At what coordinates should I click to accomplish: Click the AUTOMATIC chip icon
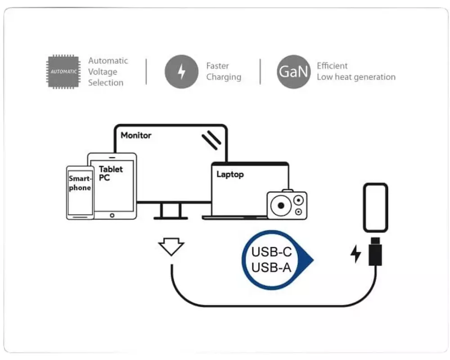click(x=63, y=72)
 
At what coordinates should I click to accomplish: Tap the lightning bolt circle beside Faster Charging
click(x=181, y=72)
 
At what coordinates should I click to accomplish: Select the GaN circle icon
click(x=293, y=72)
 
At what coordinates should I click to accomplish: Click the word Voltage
click(x=103, y=72)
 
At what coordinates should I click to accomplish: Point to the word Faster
click(x=218, y=66)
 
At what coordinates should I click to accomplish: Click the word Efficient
click(x=332, y=66)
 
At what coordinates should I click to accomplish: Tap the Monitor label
click(x=136, y=135)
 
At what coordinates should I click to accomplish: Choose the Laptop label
click(x=230, y=174)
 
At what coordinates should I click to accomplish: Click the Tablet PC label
click(x=111, y=174)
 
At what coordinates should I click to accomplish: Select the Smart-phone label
click(x=80, y=183)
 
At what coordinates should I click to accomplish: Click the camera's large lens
click(x=281, y=206)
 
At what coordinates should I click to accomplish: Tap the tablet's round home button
click(x=112, y=215)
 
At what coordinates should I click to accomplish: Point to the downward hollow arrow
click(x=171, y=247)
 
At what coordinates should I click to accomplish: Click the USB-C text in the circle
click(x=272, y=252)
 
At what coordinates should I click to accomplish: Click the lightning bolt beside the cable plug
click(x=355, y=254)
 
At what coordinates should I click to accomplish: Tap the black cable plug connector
click(x=375, y=252)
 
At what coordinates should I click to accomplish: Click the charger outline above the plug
click(x=376, y=207)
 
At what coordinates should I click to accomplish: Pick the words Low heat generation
click(x=356, y=77)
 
